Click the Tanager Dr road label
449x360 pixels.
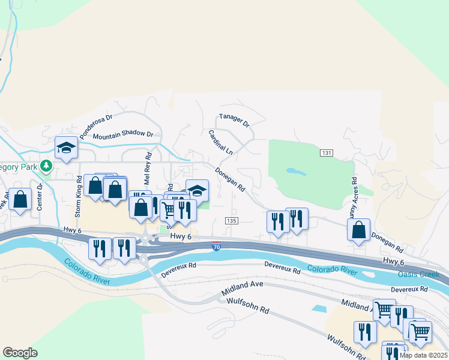pos(234,120)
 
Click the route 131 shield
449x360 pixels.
pos(326,154)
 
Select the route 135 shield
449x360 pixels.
pos(232,221)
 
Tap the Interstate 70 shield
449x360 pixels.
pos(216,246)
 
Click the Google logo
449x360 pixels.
pos(20,353)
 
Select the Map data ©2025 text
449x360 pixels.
pos(424,355)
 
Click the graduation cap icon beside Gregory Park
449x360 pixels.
pos(65,148)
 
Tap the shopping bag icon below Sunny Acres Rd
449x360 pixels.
pos(358,230)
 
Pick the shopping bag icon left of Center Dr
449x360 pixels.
pos(20,200)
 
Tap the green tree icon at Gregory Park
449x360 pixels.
pos(46,167)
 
